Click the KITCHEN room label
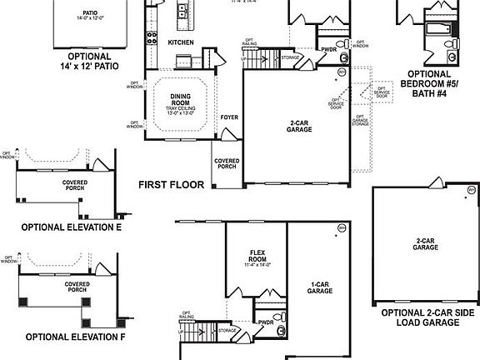[181, 42]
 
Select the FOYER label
[229, 117]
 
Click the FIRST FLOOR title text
[171, 184]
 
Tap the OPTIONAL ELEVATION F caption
[74, 337]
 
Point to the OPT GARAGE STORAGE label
[358, 121]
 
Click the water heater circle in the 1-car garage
[341, 227]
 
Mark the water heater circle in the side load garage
[471, 191]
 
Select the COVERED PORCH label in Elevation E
[75, 184]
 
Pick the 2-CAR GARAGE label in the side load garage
[425, 244]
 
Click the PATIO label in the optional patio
[90, 13]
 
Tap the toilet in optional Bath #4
[447, 42]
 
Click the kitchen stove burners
[152, 36]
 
